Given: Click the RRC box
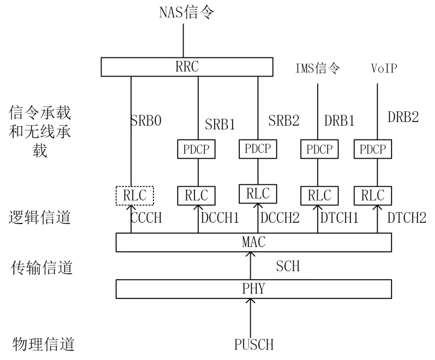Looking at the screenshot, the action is click(x=187, y=67).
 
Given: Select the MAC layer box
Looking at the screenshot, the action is click(x=254, y=242).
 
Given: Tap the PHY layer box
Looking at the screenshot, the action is click(x=254, y=289).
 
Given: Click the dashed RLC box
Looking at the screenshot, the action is click(x=135, y=196).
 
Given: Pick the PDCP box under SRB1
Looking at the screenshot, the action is click(x=196, y=149).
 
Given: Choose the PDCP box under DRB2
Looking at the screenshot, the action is click(x=373, y=149).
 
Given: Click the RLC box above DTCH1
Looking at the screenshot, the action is click(x=320, y=196).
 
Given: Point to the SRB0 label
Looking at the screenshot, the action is click(x=146, y=121).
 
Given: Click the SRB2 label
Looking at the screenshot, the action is click(x=284, y=121).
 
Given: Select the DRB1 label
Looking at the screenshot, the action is click(x=340, y=121).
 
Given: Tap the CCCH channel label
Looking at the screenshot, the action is click(x=146, y=217).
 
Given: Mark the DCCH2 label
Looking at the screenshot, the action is click(x=280, y=217).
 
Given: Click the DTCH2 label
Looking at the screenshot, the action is click(x=407, y=217).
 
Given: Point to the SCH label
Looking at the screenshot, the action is click(x=288, y=266).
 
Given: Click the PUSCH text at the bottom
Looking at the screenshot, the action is click(x=254, y=344).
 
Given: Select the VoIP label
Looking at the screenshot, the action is click(x=384, y=68).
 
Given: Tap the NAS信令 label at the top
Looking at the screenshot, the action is click(x=187, y=13).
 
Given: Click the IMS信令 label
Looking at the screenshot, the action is click(x=317, y=68).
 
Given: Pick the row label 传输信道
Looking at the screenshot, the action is click(x=42, y=268).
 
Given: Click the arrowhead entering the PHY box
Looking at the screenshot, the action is click(x=251, y=301).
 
